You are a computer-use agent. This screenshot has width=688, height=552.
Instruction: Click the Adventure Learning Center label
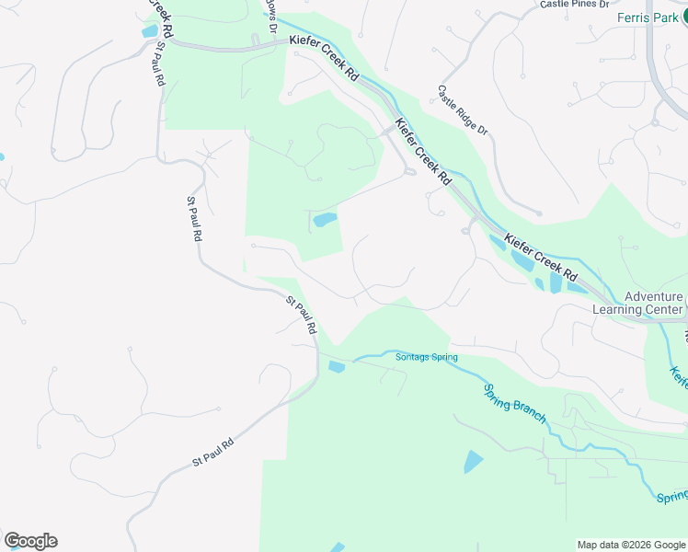[652, 303]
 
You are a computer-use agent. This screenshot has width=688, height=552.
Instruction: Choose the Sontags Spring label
[426, 357]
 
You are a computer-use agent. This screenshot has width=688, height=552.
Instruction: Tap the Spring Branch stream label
[515, 402]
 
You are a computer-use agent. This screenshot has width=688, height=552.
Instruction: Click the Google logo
[30, 541]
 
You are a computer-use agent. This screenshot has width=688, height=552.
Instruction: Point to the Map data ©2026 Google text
[630, 545]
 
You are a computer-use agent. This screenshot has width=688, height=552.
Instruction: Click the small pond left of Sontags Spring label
[336, 368]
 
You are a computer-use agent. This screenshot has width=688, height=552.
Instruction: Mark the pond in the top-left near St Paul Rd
[149, 31]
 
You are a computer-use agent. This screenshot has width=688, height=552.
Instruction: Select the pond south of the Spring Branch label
[473, 461]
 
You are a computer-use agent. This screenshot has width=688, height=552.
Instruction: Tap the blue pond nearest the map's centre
[325, 220]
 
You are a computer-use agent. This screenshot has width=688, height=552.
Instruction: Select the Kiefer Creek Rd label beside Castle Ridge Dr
[422, 150]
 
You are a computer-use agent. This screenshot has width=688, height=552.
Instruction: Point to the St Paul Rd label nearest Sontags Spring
[302, 315]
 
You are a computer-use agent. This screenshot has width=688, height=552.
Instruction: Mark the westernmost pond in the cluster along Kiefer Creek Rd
[497, 242]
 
